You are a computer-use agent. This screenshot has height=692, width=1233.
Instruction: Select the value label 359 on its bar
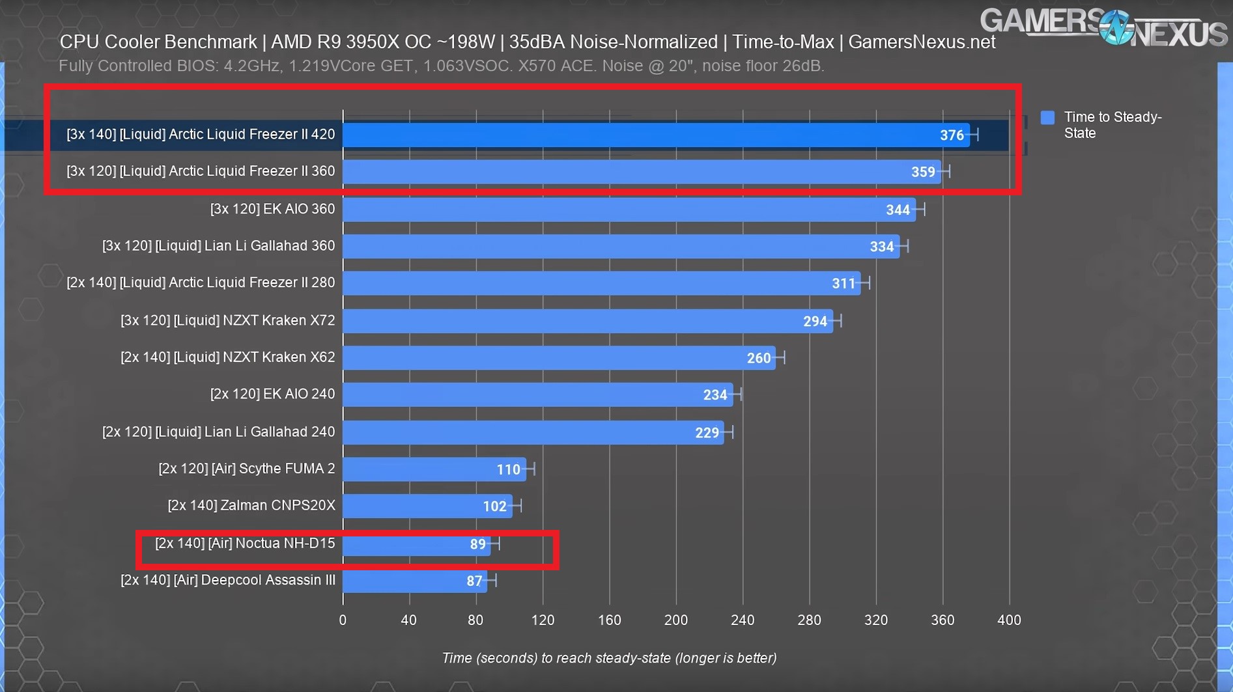pyautogui.click(x=923, y=172)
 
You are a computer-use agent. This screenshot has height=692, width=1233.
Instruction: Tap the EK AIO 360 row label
pyautogui.click(x=272, y=209)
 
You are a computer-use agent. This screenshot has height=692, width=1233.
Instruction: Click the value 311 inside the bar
pyautogui.click(x=843, y=283)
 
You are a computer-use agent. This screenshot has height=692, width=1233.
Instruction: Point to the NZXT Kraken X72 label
pyautogui.click(x=227, y=320)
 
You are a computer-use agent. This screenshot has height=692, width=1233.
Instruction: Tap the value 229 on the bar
pyautogui.click(x=707, y=432)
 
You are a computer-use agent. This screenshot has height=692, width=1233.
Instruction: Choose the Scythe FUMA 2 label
pyautogui.click(x=246, y=469)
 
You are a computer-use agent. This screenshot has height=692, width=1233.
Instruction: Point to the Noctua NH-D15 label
pyautogui.click(x=245, y=543)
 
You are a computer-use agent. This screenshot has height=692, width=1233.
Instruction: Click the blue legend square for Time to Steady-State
pyautogui.click(x=1047, y=117)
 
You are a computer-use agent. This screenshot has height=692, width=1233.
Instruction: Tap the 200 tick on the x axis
pyautogui.click(x=675, y=620)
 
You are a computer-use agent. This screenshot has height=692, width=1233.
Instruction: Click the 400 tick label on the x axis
pyautogui.click(x=1009, y=620)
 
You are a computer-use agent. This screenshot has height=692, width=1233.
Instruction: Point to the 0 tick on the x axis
pyautogui.click(x=343, y=620)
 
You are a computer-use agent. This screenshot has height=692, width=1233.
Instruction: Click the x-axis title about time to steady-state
pyautogui.click(x=609, y=658)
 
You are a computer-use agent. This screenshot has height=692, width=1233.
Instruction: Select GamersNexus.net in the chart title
pyautogui.click(x=922, y=42)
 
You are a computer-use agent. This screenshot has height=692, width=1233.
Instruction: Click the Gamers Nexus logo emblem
pyautogui.click(x=1116, y=27)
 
